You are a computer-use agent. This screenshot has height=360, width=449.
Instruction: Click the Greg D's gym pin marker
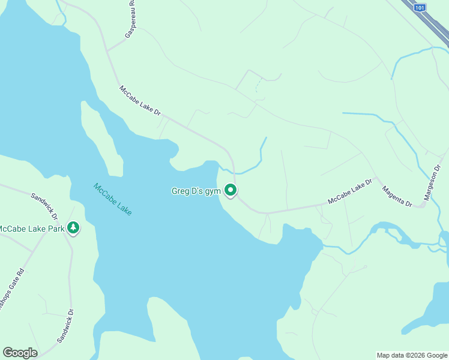click(x=231, y=191)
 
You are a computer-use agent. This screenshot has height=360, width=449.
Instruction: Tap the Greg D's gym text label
click(x=196, y=191)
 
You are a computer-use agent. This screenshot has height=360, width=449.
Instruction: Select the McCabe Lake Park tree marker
click(x=73, y=228)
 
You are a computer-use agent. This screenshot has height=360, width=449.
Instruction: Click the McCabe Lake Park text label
click(x=31, y=229)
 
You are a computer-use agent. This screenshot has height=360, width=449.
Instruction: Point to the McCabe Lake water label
click(x=113, y=199)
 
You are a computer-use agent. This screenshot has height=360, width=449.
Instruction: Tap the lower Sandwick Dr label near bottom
click(x=65, y=326)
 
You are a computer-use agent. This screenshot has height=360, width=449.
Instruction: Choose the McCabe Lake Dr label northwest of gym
click(x=140, y=100)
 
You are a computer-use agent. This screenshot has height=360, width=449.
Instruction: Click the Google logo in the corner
click(x=20, y=353)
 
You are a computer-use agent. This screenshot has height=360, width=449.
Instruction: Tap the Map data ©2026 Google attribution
click(x=412, y=355)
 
